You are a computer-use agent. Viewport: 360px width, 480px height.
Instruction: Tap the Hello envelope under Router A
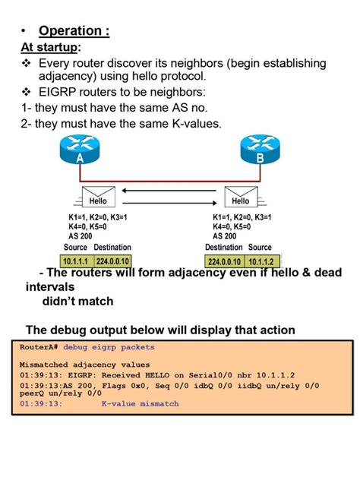point(98,199)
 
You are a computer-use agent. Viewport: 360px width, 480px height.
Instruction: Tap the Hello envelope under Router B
point(239,199)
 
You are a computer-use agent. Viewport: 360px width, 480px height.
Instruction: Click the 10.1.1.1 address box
point(77,261)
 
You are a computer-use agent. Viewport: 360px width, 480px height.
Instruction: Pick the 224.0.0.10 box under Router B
point(224,261)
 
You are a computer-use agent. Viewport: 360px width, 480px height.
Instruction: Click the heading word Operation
point(74,31)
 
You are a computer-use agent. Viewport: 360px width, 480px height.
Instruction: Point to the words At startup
point(50,48)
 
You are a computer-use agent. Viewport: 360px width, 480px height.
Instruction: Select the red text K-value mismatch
point(140,404)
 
